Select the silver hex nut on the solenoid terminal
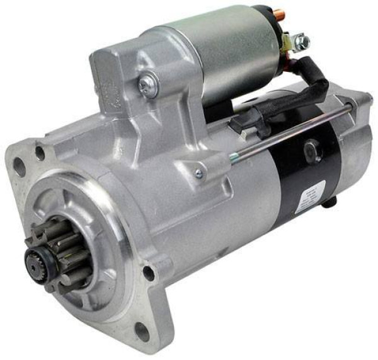[303, 42]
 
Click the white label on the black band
[312, 193]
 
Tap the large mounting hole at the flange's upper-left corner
[20, 166]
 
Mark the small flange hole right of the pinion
[149, 272]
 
